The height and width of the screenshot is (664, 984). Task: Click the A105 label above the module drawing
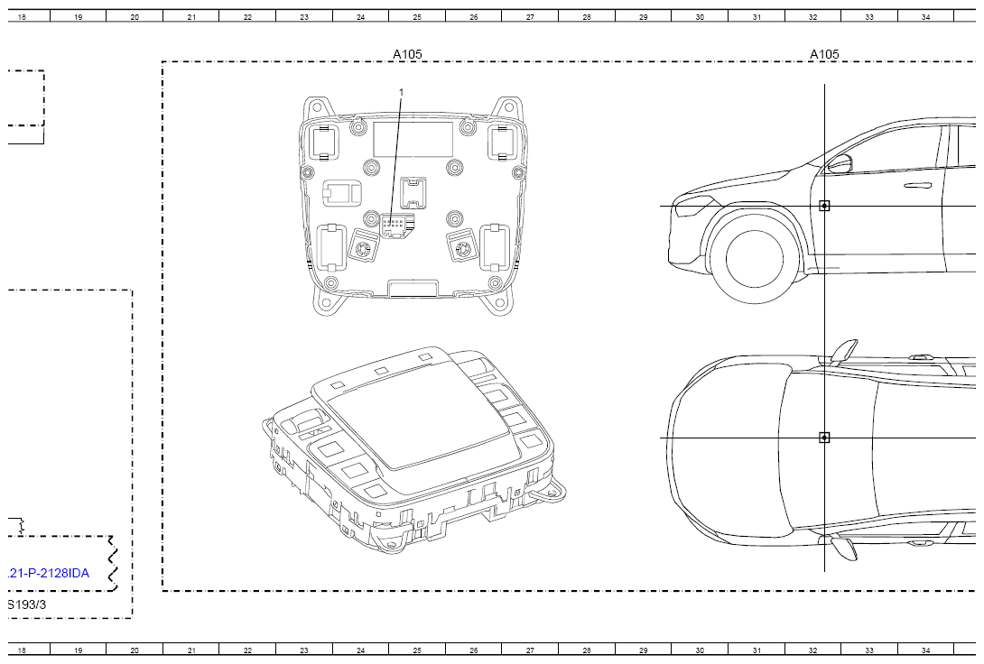[x=407, y=54]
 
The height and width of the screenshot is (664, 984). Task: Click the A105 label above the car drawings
[x=824, y=54]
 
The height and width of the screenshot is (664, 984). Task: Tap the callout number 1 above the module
[x=402, y=93]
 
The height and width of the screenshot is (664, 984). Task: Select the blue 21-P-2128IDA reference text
[x=49, y=573]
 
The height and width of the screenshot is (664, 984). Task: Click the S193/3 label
[x=27, y=604]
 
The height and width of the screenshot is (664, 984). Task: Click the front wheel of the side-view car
[x=755, y=258]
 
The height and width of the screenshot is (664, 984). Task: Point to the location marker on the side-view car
[x=824, y=206]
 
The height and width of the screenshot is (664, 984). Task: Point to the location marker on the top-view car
[x=824, y=438]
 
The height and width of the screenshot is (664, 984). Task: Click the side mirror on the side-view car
[x=840, y=164]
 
